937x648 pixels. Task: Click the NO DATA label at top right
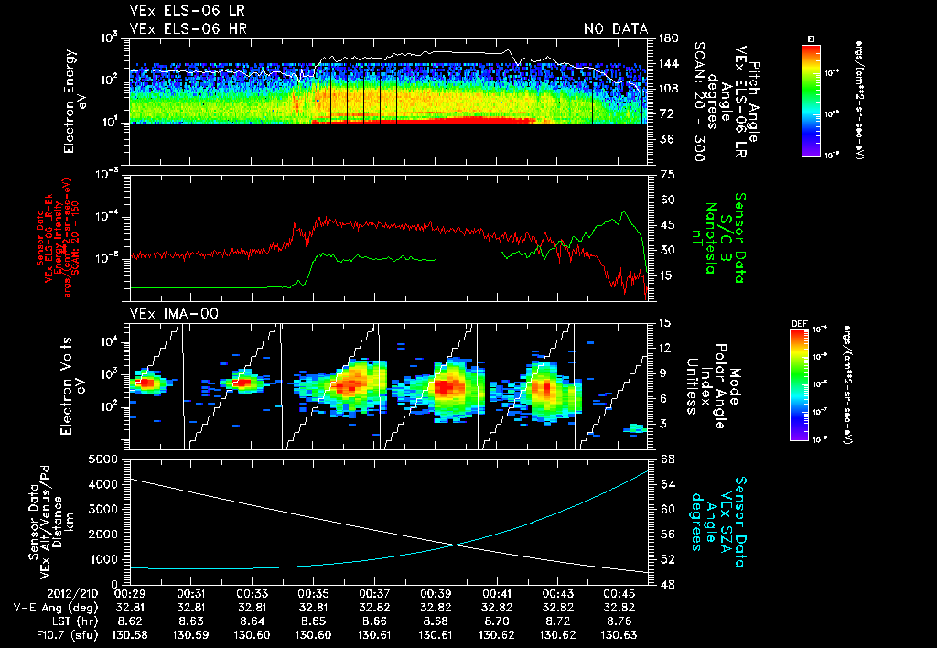[615, 28]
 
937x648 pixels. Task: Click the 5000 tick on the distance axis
[108, 458]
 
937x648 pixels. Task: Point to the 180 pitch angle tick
[667, 38]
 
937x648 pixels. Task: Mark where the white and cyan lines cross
[456, 545]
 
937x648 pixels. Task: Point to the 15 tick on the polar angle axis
[665, 322]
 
